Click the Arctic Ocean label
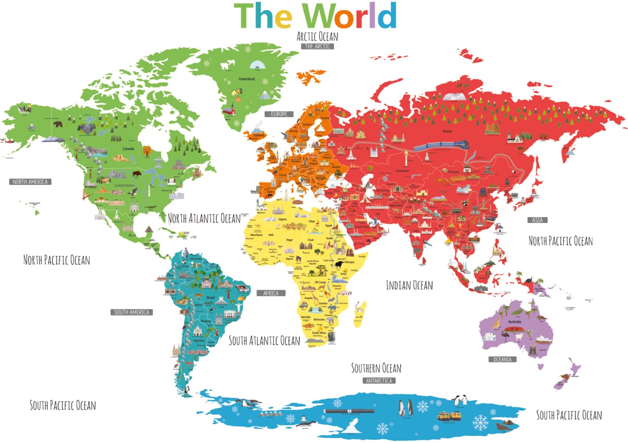(x=317, y=36)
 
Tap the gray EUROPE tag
(x=279, y=114)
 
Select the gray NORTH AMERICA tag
(x=30, y=182)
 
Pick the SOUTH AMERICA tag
(x=131, y=312)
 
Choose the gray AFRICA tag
(x=271, y=293)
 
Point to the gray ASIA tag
(x=537, y=220)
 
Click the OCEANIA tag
(x=502, y=359)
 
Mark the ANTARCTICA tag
(x=379, y=381)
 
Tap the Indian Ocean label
(x=409, y=285)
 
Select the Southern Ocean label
(x=376, y=368)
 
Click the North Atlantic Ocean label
(x=204, y=218)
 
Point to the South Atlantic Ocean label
(x=264, y=341)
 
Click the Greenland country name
(x=246, y=79)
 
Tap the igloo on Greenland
(x=257, y=65)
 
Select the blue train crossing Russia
(x=441, y=146)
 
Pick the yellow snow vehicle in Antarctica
(x=449, y=416)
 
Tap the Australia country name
(x=515, y=322)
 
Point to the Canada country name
(x=128, y=149)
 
